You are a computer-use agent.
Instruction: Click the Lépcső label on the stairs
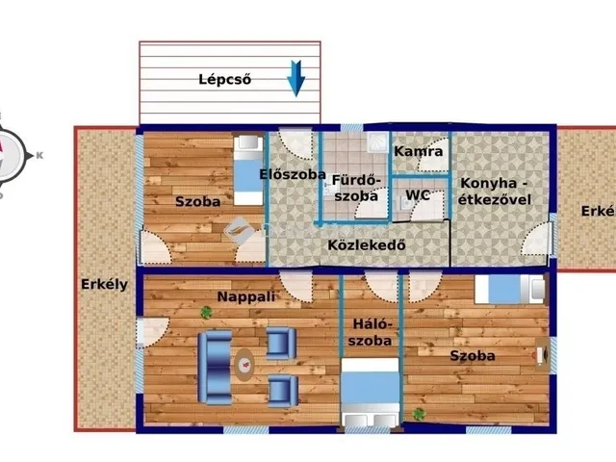click(224, 80)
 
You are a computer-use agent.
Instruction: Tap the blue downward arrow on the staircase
click(297, 78)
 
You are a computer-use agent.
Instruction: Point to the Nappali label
click(246, 297)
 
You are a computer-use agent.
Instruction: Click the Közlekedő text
click(367, 244)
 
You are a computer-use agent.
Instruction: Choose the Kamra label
click(419, 152)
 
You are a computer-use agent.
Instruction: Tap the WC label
click(418, 194)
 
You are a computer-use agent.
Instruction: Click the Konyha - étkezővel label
click(495, 191)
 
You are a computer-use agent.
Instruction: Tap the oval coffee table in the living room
click(246, 364)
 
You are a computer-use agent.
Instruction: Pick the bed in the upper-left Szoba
click(248, 169)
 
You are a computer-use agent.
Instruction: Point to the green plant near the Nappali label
click(206, 312)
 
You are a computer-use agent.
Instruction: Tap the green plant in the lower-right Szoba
click(419, 413)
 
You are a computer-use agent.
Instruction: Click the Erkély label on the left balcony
click(104, 284)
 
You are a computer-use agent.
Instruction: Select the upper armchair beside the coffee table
click(281, 344)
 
